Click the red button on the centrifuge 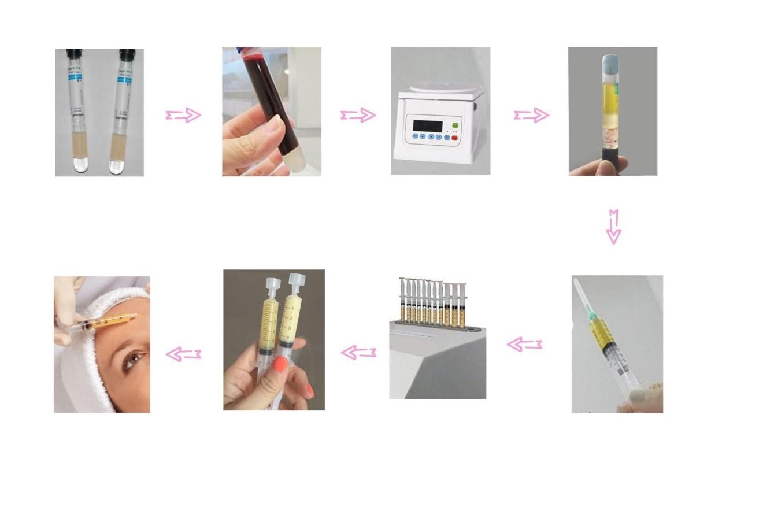(454, 138)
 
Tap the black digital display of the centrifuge (428, 125)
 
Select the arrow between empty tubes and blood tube (183, 116)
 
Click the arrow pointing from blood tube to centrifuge (358, 116)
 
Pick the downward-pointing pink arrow (613, 227)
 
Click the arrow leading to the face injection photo (183, 354)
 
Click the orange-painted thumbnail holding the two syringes (280, 364)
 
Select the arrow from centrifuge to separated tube (532, 116)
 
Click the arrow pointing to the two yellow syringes (358, 351)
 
